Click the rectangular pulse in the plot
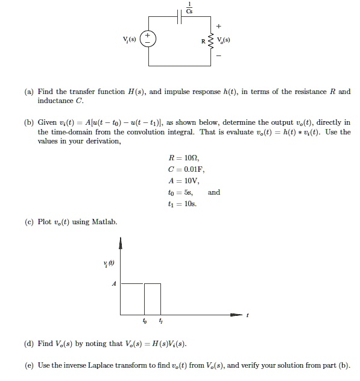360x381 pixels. pos(153,298)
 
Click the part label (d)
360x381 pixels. pos(30,344)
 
